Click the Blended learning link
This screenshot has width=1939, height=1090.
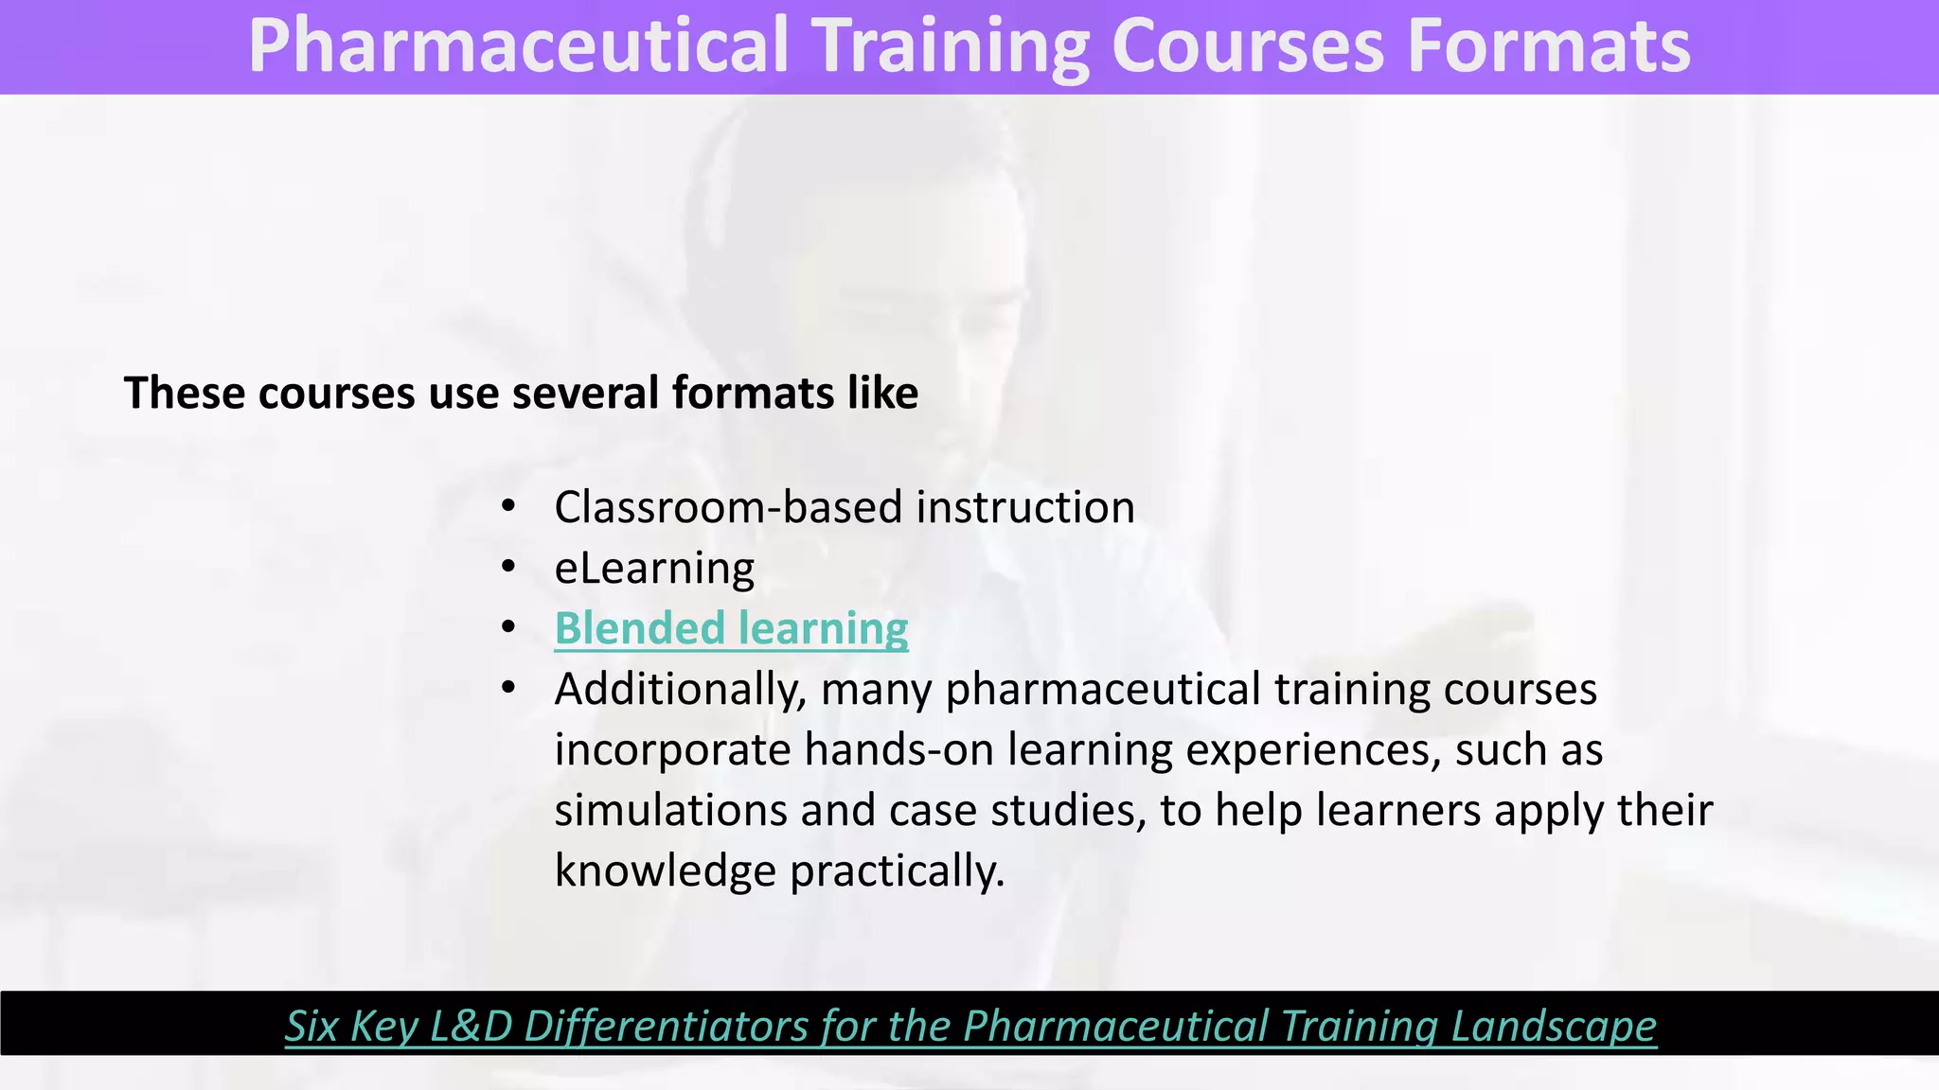[x=731, y=628]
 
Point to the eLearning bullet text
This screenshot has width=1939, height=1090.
[x=654, y=569]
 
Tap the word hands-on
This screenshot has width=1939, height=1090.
[x=898, y=749]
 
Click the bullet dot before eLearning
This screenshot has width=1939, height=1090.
[x=508, y=567]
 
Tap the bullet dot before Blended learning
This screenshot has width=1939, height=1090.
[x=508, y=627]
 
